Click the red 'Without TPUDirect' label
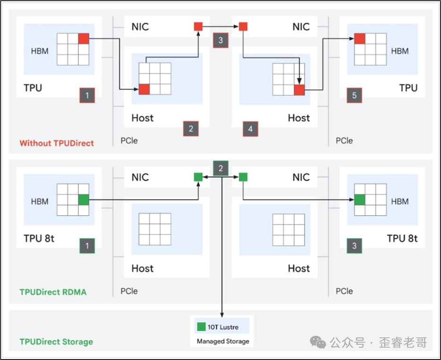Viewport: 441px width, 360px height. pos(57,143)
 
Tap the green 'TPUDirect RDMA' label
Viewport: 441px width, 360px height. pos(53,292)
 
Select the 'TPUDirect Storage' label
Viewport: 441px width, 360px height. pos(56,342)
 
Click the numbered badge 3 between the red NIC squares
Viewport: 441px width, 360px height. pos(220,40)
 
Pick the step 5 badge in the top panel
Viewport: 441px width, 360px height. pos(355,96)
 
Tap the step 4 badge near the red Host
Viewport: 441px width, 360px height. pos(250,128)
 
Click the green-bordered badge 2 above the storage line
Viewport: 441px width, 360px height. pos(220,168)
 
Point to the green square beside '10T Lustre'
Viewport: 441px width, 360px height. pos(202,327)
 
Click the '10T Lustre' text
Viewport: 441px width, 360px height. pos(223,327)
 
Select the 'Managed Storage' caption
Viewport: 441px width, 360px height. pos(223,341)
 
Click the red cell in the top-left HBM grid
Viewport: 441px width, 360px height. pos(84,39)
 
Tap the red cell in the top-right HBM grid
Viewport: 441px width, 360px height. pos(360,39)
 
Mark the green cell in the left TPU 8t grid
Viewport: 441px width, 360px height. pos(84,200)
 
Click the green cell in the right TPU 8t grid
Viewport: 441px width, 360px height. pos(360,200)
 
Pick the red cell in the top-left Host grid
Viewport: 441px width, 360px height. pos(144,89)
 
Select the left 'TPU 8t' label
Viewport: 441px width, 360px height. pos(39,238)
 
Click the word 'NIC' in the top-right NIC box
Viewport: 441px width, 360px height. pos(301,27)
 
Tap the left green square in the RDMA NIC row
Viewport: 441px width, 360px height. pos(198,177)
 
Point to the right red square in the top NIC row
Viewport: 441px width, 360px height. pos(243,26)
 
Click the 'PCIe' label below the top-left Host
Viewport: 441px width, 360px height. pos(129,141)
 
